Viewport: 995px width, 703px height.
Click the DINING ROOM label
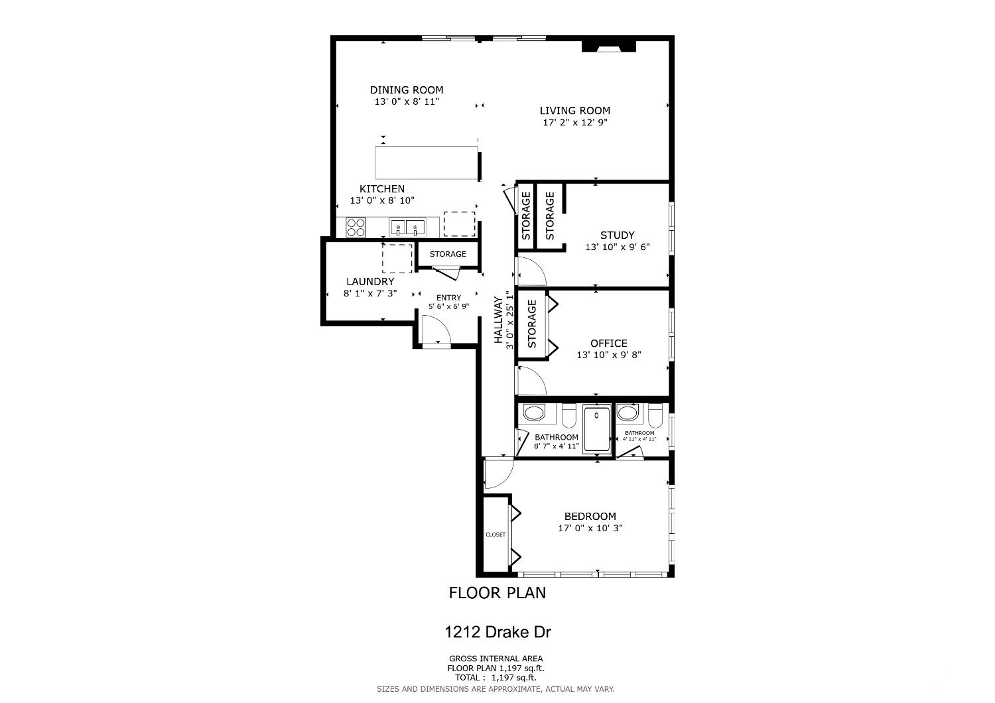point(407,90)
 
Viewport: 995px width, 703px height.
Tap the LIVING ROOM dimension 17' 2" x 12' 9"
point(574,123)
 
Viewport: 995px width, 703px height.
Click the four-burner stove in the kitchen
point(356,227)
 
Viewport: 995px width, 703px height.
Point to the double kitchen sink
point(406,227)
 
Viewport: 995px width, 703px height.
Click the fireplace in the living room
point(608,47)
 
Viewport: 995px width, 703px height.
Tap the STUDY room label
point(617,235)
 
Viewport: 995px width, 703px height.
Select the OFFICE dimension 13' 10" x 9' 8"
point(608,355)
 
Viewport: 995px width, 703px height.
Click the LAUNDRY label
point(369,282)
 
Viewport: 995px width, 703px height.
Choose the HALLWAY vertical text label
point(498,320)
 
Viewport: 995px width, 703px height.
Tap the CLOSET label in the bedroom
point(496,535)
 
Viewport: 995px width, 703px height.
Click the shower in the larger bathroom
point(596,430)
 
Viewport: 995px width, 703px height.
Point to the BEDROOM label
point(590,517)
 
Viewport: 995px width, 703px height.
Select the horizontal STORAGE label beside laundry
point(448,254)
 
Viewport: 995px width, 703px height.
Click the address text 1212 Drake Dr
point(497,632)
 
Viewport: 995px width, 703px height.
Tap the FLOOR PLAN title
point(497,593)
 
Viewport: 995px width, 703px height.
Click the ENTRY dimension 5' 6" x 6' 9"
point(448,306)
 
